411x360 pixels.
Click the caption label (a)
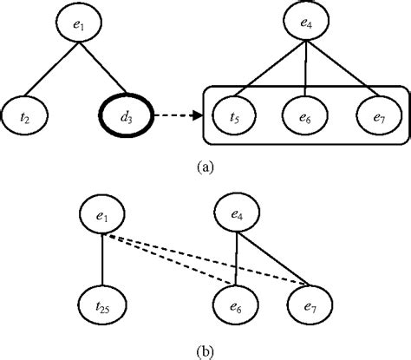205,160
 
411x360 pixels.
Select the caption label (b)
204,350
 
